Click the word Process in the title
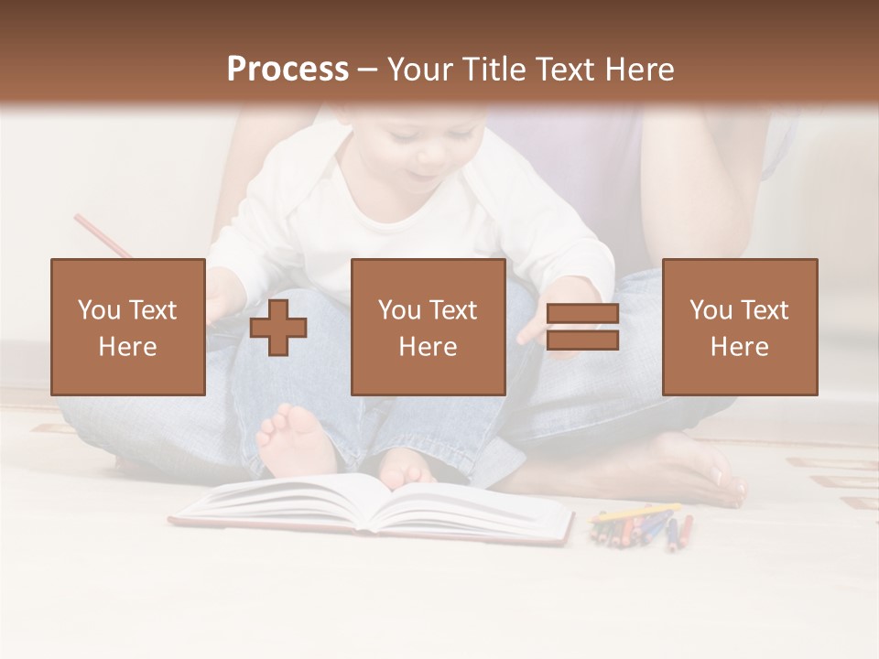point(288,70)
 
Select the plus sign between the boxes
point(278,328)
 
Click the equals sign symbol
point(582,328)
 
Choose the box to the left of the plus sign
point(127,327)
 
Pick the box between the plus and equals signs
point(428,327)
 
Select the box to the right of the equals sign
point(739,327)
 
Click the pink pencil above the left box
point(103,236)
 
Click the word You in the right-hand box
point(711,311)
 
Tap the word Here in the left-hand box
point(127,347)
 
